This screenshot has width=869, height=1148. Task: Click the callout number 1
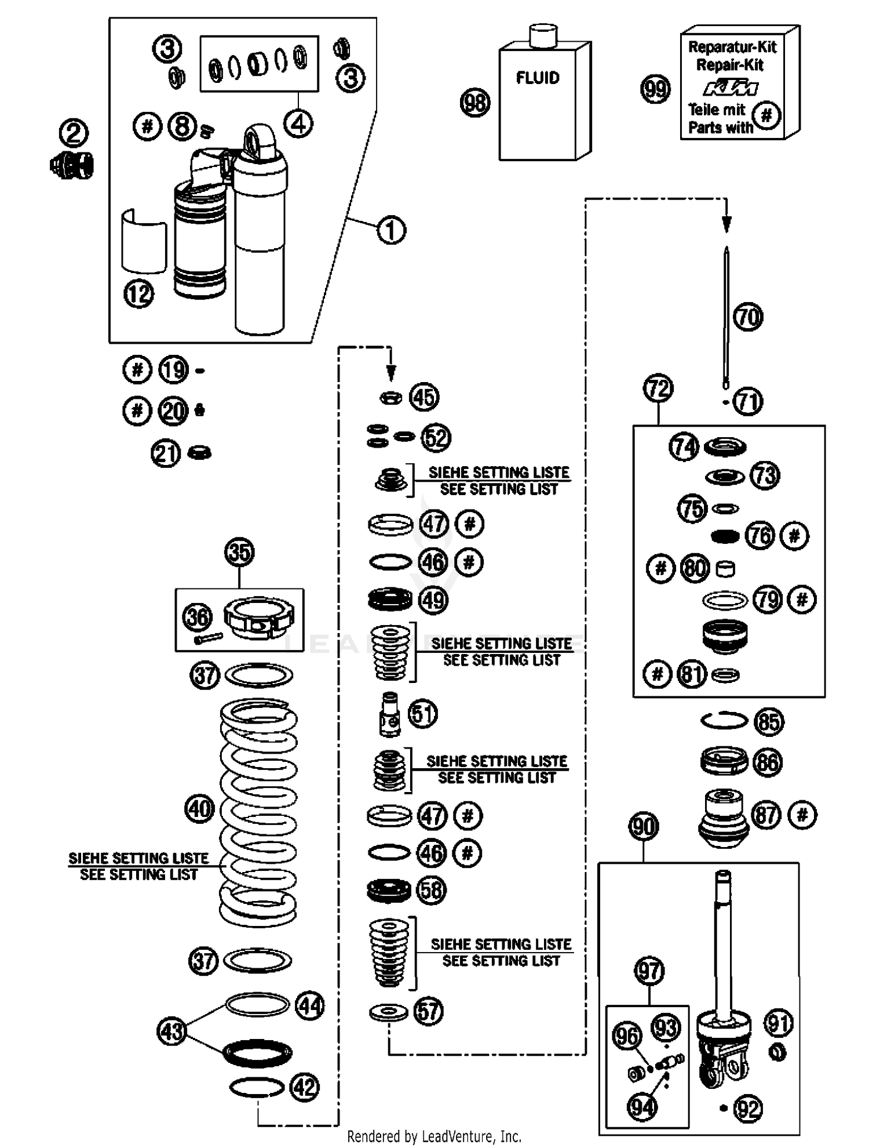pyautogui.click(x=392, y=230)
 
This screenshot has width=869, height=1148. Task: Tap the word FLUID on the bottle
pyautogui.click(x=538, y=78)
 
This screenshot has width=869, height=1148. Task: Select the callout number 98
pyautogui.click(x=475, y=103)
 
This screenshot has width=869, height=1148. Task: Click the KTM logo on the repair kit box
pyautogui.click(x=731, y=88)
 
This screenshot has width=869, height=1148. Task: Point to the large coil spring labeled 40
pyautogui.click(x=258, y=812)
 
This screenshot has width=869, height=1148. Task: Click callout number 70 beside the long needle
pyautogui.click(x=748, y=317)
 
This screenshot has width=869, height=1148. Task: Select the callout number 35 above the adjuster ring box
pyautogui.click(x=239, y=552)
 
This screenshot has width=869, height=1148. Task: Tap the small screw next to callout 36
pyautogui.click(x=209, y=638)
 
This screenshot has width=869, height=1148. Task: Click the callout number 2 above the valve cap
pyautogui.click(x=74, y=133)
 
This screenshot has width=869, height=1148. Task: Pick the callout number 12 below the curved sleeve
pyautogui.click(x=138, y=293)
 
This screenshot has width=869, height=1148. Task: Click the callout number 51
pyautogui.click(x=423, y=714)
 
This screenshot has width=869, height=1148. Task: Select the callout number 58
pyautogui.click(x=432, y=889)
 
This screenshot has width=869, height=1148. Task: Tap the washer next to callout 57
pyautogui.click(x=389, y=1013)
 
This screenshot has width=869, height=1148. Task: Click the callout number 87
pyautogui.click(x=766, y=815)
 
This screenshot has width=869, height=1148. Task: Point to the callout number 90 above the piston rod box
pyautogui.click(x=644, y=827)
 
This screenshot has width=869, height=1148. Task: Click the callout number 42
pyautogui.click(x=305, y=1087)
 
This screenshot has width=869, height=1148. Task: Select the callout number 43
pyautogui.click(x=171, y=1031)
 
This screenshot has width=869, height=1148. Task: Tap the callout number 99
pyautogui.click(x=655, y=89)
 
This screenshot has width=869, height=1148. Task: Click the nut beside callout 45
pyautogui.click(x=391, y=398)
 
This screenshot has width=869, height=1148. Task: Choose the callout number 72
pyautogui.click(x=659, y=388)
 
